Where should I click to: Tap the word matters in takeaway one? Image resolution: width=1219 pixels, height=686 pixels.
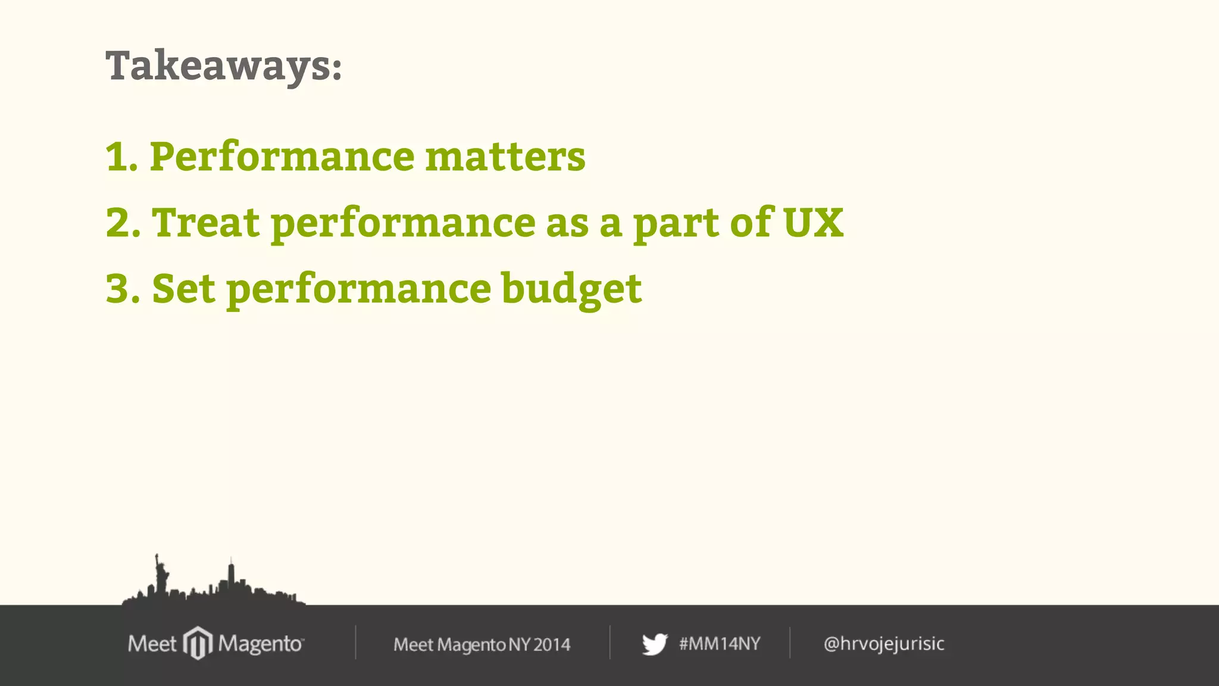tap(505, 157)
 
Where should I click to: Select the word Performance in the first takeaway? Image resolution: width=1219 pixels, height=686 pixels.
tap(282, 157)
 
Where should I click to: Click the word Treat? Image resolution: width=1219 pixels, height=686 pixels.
tap(206, 223)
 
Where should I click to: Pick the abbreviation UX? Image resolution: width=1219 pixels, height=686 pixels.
tap(813, 223)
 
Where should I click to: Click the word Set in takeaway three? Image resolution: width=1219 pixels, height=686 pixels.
tap(183, 289)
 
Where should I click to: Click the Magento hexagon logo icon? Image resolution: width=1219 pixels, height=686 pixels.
tap(198, 643)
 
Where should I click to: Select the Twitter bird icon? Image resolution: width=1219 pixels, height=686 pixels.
tap(654, 644)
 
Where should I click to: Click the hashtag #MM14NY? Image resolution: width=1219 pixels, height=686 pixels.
tap(720, 644)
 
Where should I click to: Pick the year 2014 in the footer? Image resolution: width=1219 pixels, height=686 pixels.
tap(552, 645)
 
